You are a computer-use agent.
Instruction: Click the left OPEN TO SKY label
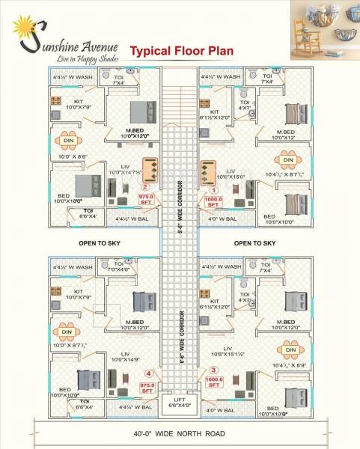100,243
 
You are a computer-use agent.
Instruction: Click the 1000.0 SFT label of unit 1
213,201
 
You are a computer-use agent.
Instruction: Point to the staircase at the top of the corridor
180,97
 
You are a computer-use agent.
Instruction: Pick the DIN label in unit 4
67,331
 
